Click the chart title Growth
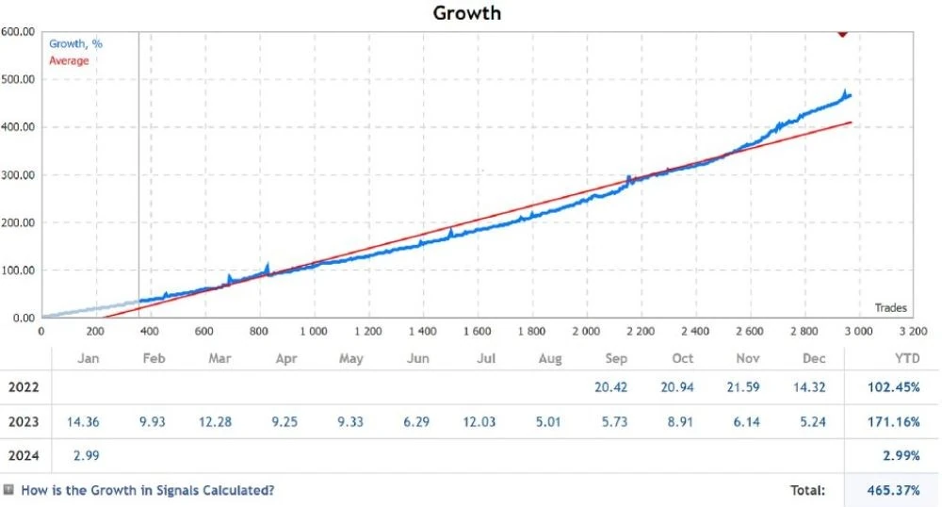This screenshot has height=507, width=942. [467, 13]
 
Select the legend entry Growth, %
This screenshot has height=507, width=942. [75, 44]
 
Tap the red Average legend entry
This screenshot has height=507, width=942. [69, 60]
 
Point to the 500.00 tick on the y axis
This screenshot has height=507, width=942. [17, 79]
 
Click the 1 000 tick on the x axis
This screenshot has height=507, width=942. [314, 331]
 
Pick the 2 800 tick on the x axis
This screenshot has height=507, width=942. [804, 331]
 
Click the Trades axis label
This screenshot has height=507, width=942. [890, 307]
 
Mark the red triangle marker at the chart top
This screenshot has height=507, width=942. [842, 34]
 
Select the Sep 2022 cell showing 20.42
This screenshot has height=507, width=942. [611, 387]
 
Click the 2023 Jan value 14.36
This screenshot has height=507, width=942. [83, 421]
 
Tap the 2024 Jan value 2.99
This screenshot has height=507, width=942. [86, 455]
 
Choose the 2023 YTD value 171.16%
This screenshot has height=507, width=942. [893, 421]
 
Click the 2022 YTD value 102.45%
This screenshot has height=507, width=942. [893, 387]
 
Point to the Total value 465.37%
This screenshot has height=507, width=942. [893, 490]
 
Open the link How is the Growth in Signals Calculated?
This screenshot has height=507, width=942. [148, 490]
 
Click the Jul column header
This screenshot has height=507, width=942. [486, 359]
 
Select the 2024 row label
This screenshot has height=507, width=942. [24, 455]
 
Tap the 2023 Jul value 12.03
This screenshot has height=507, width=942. [479, 421]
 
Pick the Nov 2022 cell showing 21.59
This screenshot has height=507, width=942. [743, 387]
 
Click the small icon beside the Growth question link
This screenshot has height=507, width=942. [8, 490]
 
